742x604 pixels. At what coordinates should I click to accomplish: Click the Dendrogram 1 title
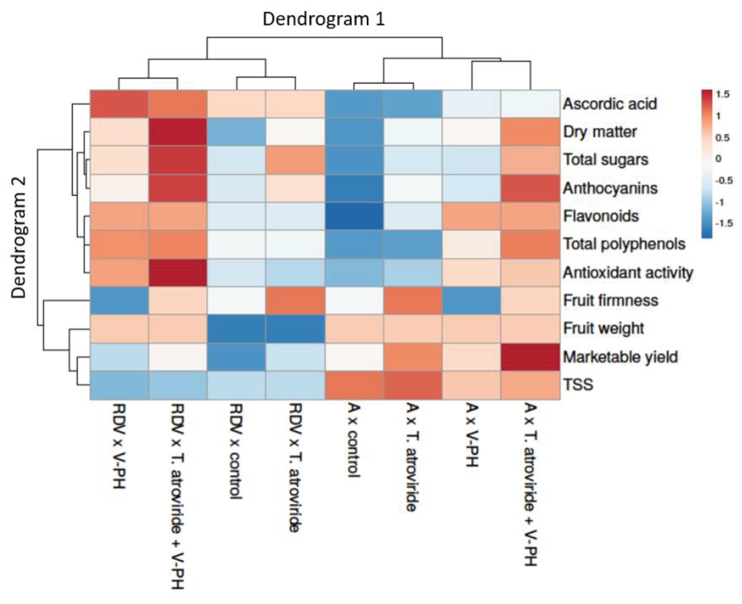point(324,19)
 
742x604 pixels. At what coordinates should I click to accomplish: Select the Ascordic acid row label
point(610,104)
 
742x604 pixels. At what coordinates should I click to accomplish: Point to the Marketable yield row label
point(620,357)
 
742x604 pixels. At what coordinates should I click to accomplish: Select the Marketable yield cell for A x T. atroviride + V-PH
point(530,357)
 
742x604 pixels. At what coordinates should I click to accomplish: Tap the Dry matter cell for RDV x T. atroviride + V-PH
point(177,132)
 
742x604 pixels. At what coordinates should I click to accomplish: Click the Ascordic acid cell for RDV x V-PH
point(119,104)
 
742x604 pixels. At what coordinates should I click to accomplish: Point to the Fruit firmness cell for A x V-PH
point(472,300)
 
